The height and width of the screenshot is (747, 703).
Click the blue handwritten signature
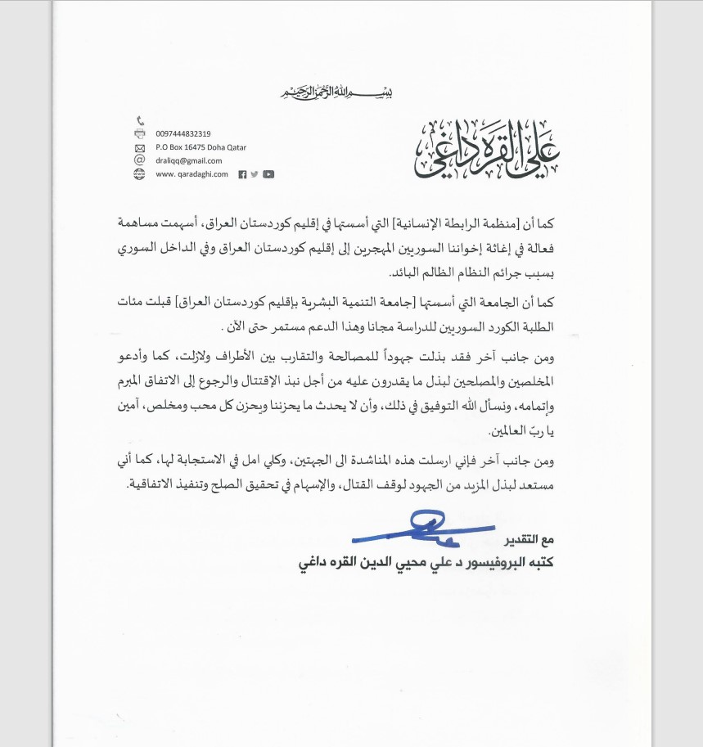tap(426, 530)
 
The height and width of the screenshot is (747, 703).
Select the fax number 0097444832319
tap(183, 133)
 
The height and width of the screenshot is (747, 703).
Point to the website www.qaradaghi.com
tap(192, 173)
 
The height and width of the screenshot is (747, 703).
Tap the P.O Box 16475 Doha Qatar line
tap(201, 147)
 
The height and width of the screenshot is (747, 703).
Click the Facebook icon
tap(242, 174)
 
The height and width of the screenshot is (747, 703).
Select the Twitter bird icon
tap(255, 174)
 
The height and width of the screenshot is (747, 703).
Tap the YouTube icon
tap(268, 174)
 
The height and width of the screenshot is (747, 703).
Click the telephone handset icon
tap(139, 120)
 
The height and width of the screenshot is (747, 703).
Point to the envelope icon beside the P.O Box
tap(139, 147)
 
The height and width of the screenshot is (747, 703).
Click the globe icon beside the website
tap(139, 173)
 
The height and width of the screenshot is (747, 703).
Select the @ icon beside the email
tap(139, 160)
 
